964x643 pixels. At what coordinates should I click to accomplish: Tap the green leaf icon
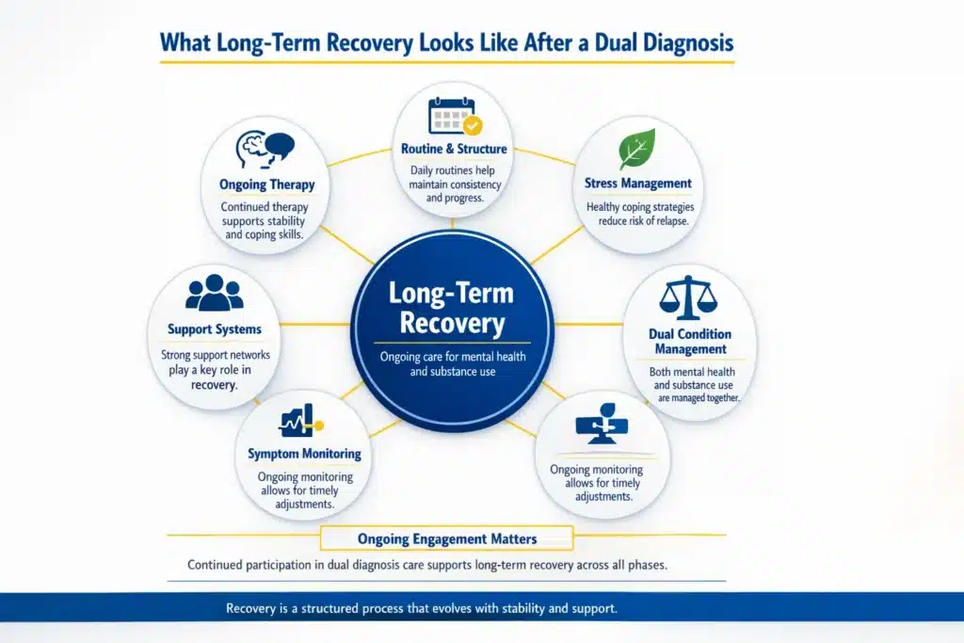coord(637,150)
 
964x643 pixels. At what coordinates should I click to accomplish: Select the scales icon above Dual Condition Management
coord(689,298)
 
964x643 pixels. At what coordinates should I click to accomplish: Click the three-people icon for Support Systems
coord(215,293)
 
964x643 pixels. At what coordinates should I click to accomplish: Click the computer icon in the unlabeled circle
coord(600,425)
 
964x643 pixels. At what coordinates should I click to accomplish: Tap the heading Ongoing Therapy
coord(267,185)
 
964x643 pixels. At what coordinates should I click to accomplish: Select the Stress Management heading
coord(637,184)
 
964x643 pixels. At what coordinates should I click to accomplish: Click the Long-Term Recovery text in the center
coord(453,308)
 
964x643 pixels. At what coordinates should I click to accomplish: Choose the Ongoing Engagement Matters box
coord(447,539)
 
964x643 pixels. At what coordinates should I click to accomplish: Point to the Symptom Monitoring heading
coord(304,454)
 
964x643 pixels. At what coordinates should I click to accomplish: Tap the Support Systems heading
coord(215,330)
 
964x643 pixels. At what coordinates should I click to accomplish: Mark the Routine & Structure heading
coord(454,149)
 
